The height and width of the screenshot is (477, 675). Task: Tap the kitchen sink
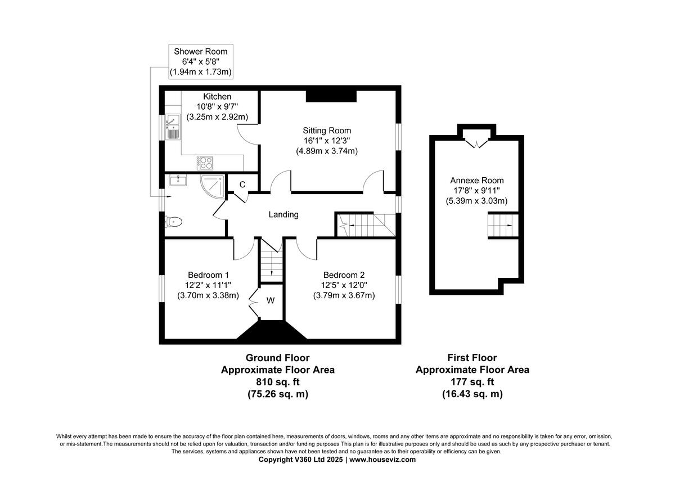coord(172,127)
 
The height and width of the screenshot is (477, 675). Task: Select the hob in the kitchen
coord(206,163)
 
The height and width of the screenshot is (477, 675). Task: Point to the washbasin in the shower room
coord(178,181)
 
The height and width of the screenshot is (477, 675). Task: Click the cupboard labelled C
coord(242,184)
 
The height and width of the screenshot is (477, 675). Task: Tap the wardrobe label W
coord(271,300)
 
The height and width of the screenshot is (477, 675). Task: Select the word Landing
coord(283,214)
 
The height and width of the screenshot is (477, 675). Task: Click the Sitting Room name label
coord(327,130)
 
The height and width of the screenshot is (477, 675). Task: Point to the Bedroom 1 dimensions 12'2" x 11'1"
coord(208,285)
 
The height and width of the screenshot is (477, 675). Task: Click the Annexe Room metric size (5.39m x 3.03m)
coord(477,201)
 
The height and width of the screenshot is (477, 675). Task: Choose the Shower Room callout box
coord(201,61)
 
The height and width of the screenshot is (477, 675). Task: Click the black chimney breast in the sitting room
coord(331,96)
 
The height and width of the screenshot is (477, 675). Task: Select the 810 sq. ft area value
coord(277,382)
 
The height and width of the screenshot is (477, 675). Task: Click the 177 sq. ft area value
coord(472,382)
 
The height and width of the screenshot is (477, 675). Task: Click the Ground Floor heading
coord(277,358)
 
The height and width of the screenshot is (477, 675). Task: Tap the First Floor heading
coord(472,358)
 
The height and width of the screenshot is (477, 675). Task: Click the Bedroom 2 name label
coord(344,275)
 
